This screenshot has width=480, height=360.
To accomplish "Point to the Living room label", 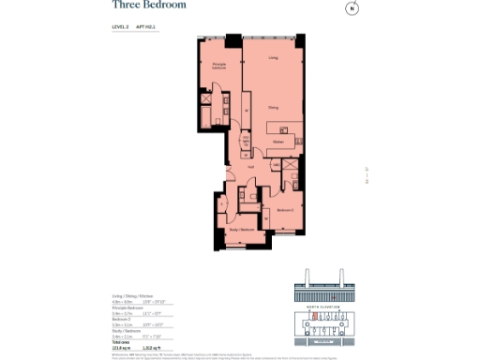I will point(273,58).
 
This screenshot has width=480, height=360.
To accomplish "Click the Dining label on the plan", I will point(272,107).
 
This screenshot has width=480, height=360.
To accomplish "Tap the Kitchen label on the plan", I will point(278,142).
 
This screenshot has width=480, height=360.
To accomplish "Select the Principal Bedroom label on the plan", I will point(218,67).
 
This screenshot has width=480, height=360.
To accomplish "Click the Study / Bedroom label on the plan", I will point(242,230).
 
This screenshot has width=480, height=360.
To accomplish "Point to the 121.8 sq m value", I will point(121,348).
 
